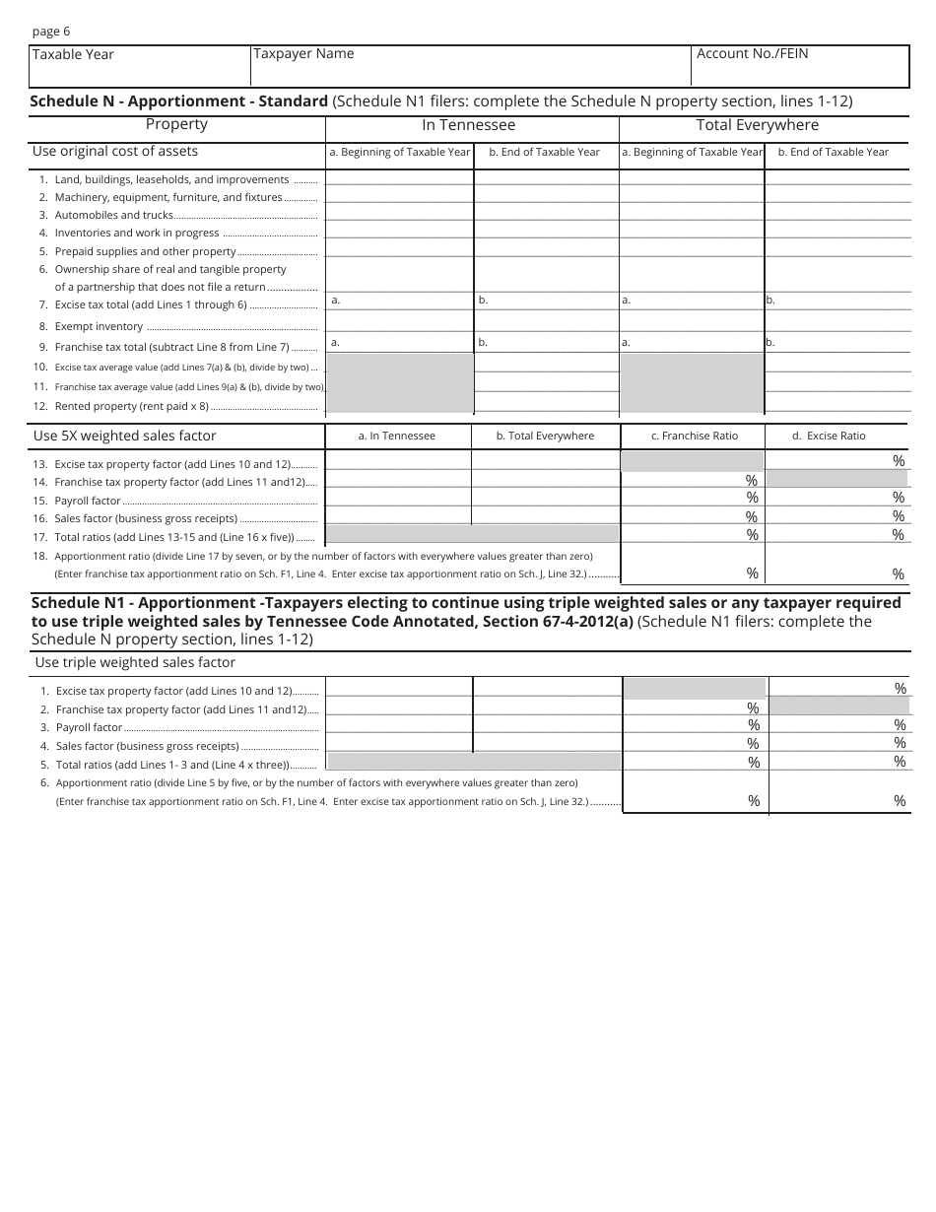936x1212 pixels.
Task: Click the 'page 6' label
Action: click(51, 32)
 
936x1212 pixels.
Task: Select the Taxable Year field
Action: click(139, 67)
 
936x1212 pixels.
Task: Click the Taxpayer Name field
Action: click(471, 67)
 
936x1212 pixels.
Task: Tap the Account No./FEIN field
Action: click(800, 67)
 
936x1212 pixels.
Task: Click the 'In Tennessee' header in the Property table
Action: click(468, 125)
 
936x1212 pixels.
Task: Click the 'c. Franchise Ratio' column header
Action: click(695, 436)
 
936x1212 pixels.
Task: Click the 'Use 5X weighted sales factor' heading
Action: click(124, 436)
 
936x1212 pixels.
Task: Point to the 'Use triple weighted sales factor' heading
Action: click(135, 663)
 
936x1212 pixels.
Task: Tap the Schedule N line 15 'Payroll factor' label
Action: click(88, 501)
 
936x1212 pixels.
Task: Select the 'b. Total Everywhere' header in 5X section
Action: click(545, 436)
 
